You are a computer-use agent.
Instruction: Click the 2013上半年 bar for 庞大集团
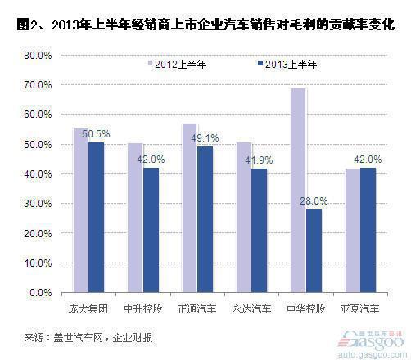[97, 217]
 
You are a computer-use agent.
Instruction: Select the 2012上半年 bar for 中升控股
[134, 217]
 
